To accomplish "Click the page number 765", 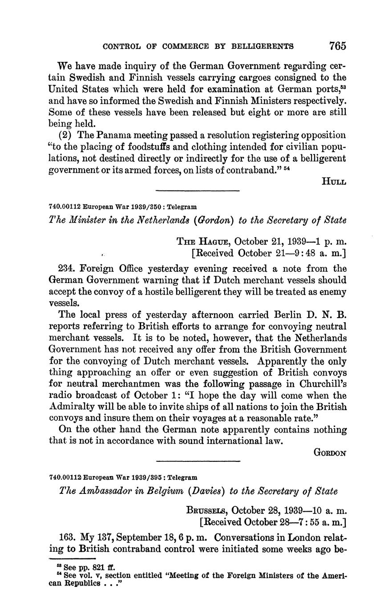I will click(x=338, y=46).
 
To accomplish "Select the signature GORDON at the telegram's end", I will click(x=330, y=452).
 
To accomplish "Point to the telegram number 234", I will click(x=67, y=269).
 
